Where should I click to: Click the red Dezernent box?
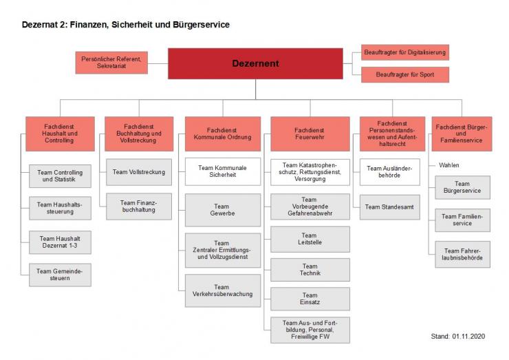tap(255, 63)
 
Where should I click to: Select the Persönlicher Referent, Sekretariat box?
tap(110, 63)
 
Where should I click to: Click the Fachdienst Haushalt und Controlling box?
tap(59, 134)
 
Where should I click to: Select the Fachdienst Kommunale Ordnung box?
tap(222, 134)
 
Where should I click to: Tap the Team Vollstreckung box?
tap(138, 172)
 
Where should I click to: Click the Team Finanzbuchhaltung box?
tap(138, 207)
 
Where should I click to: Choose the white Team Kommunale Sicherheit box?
tap(222, 171)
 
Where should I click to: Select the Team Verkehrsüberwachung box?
tap(222, 290)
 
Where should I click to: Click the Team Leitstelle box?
tap(310, 239)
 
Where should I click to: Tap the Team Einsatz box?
tap(310, 299)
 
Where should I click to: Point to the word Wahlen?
tap(448, 165)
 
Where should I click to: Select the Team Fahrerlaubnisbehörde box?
tap(462, 255)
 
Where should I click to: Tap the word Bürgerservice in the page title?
tap(199, 25)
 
